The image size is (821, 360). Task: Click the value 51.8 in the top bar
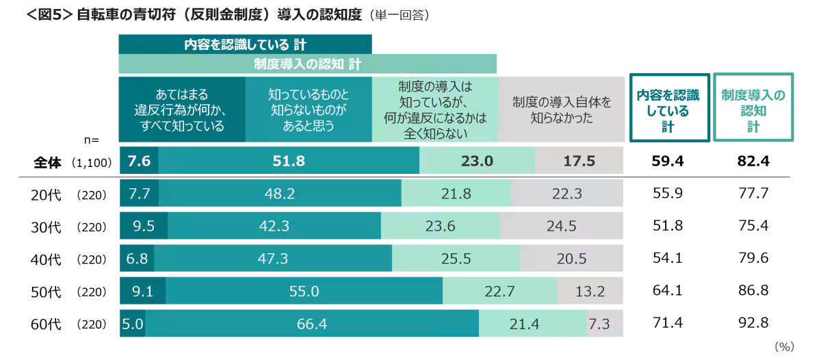tap(288, 162)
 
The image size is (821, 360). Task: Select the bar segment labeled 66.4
tap(312, 324)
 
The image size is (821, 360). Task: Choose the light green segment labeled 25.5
tap(456, 259)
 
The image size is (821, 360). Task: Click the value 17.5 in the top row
tap(579, 162)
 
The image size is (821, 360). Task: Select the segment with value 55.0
tap(304, 292)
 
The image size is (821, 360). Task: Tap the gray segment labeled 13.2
tap(590, 292)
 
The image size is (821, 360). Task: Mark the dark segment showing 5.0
tap(132, 324)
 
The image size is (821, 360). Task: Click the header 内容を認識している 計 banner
tap(245, 44)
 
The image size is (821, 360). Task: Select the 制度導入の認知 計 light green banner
tap(307, 64)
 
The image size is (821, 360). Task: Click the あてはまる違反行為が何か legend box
tap(182, 110)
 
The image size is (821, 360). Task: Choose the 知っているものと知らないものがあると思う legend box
tap(308, 110)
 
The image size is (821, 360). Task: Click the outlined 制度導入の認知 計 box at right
tap(753, 107)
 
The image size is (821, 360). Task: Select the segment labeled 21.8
tap(456, 194)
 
